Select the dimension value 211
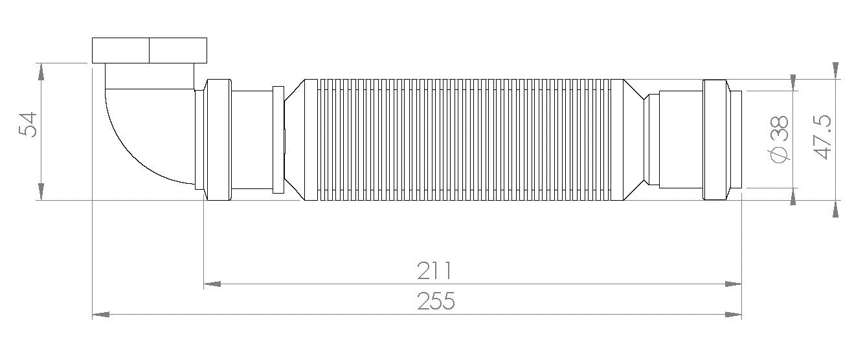coord(434,271)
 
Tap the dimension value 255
coord(436,301)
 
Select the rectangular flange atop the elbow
coord(150,50)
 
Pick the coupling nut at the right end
coord(714,139)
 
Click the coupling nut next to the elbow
coord(218,139)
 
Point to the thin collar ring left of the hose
coord(278,139)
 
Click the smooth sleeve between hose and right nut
coord(680,139)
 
